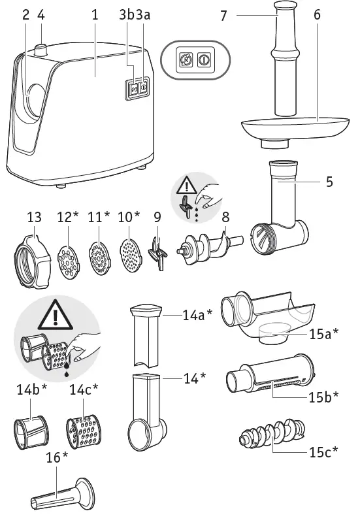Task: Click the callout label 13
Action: click(x=34, y=217)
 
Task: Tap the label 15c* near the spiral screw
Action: click(x=322, y=452)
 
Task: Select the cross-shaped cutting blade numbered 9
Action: click(x=156, y=254)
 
